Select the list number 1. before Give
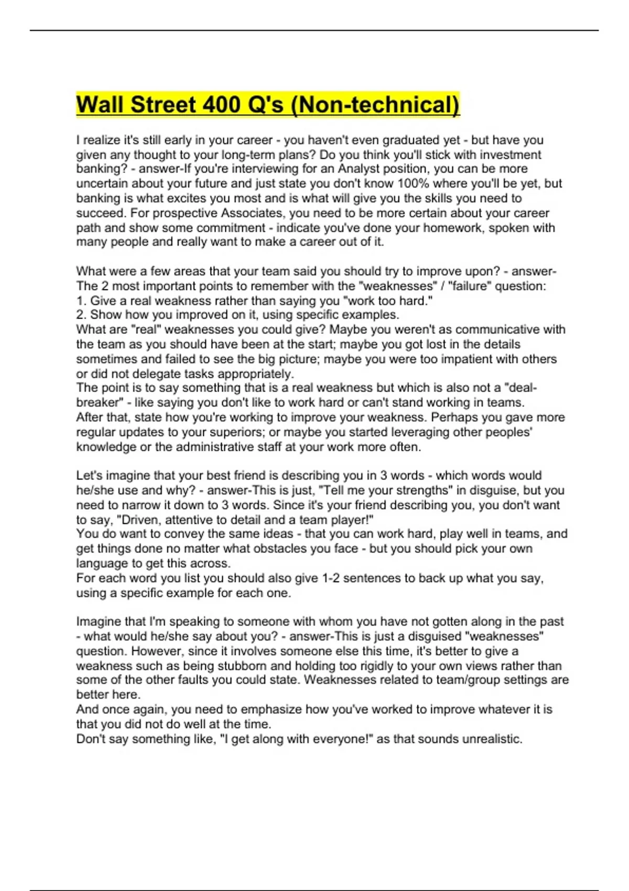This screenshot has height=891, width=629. point(81,300)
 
